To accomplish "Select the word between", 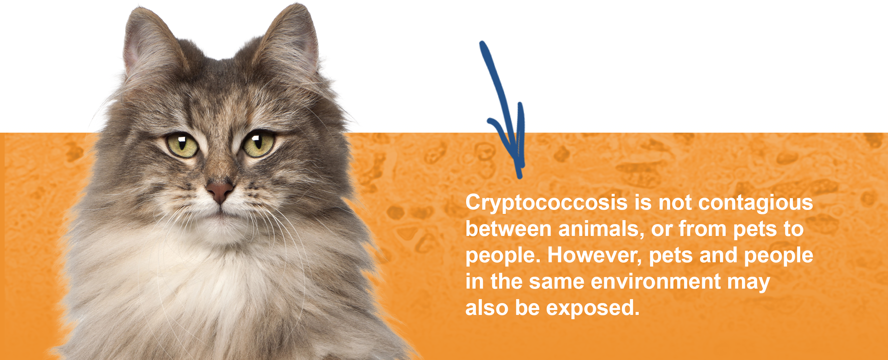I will tap(508, 229).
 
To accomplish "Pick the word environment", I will tap(656, 282).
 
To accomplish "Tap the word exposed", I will tap(593, 308).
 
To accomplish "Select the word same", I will tap(556, 282).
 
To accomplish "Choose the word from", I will tap(703, 229).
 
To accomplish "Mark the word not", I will tap(675, 203).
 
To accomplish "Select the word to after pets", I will tap(794, 229).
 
